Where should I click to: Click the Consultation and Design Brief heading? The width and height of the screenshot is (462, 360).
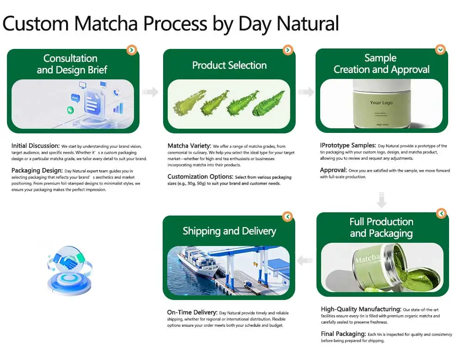pos(70,64)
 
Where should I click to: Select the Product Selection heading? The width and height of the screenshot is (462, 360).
pos(229,66)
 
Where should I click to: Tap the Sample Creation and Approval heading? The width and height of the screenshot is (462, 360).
pos(382,64)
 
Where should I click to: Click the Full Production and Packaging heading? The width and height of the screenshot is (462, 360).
pos(382,228)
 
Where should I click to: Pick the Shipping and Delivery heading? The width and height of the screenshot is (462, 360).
pos(229,231)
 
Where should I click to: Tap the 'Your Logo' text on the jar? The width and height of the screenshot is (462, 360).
pos(381,102)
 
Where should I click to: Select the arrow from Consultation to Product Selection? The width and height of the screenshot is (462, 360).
pos(150,92)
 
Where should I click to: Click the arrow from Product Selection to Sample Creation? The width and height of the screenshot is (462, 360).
pos(306,92)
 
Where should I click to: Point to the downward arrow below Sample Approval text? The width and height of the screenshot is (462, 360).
pos(382,200)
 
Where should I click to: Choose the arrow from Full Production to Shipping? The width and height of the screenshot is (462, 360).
pos(304,261)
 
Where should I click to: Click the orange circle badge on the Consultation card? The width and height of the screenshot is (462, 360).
pos(132,50)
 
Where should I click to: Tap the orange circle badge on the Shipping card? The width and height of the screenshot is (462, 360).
pos(287,216)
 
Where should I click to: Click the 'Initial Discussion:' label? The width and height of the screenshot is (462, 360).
pos(36,146)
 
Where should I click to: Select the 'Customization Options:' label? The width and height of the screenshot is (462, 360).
pos(200,177)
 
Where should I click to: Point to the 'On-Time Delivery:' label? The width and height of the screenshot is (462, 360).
pos(192,312)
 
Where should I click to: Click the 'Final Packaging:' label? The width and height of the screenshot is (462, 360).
pos(343,334)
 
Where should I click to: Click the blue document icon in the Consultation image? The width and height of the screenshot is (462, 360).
pos(91,103)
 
